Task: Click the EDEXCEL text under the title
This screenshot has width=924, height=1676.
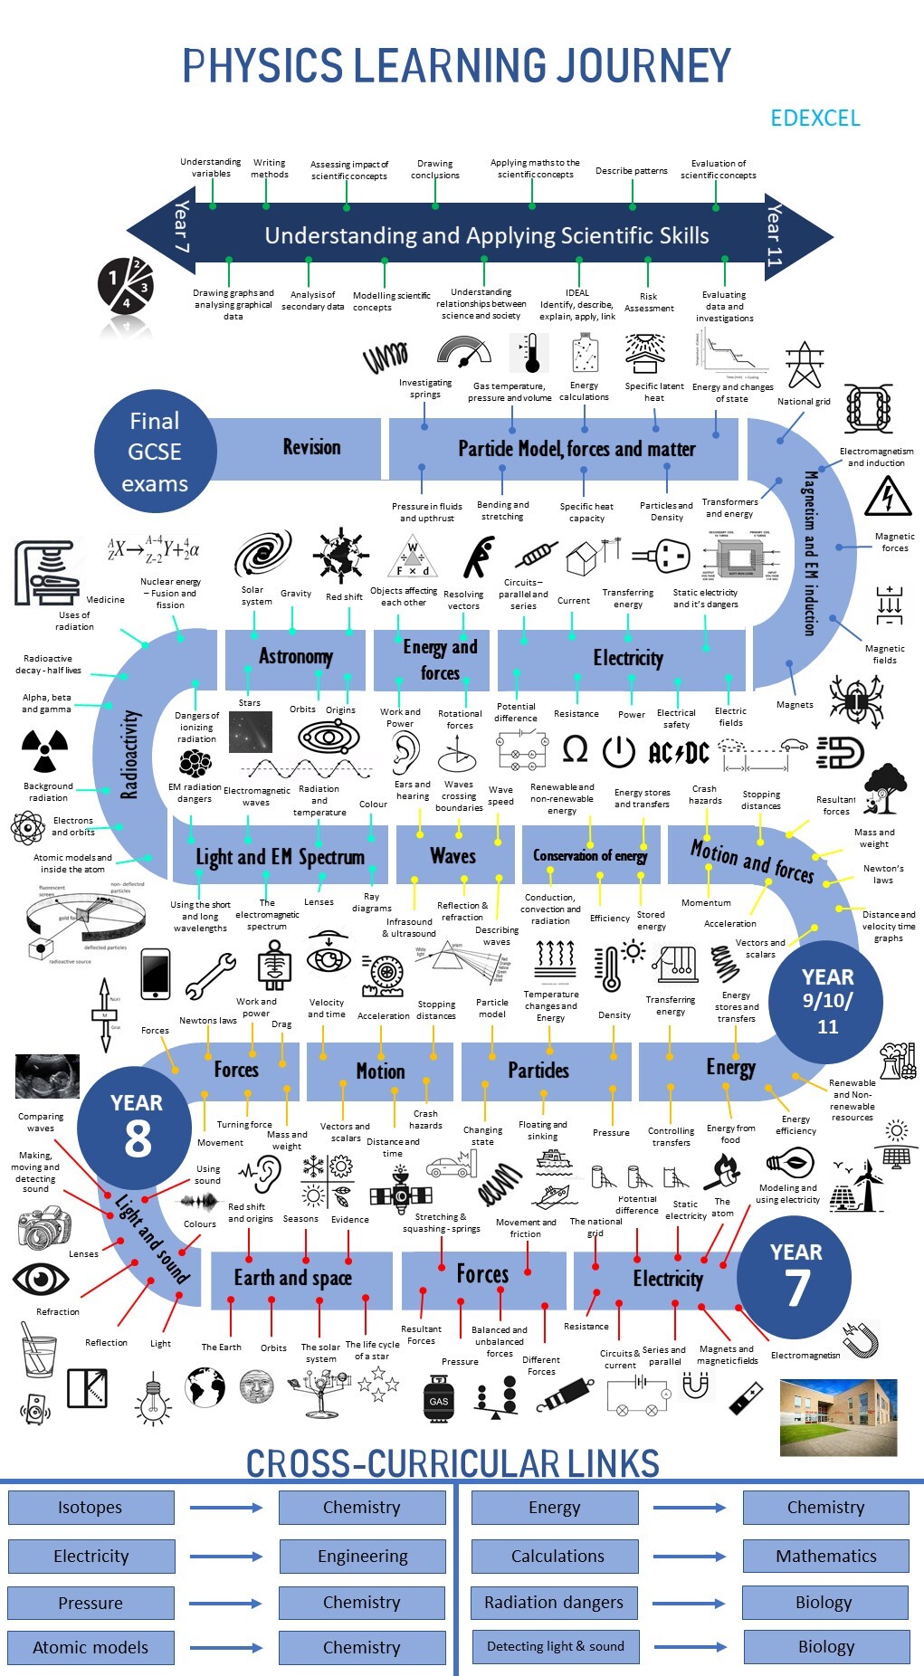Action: click(814, 118)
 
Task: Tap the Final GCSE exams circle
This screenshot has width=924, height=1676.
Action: click(155, 452)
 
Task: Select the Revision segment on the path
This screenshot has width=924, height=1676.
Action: click(311, 447)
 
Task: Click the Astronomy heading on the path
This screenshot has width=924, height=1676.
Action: click(296, 656)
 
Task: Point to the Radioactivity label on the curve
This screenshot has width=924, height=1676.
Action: click(130, 753)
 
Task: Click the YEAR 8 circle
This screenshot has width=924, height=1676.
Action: click(136, 1127)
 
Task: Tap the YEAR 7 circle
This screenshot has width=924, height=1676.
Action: click(795, 1275)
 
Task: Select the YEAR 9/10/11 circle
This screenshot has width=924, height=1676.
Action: click(826, 1001)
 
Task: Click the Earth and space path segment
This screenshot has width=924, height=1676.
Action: click(292, 1278)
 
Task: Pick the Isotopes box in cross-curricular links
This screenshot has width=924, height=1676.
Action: click(90, 1508)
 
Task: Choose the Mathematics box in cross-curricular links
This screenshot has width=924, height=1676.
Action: click(825, 1556)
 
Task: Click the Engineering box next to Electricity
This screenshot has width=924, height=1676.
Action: click(362, 1557)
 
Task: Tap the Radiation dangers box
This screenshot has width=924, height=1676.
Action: click(554, 1603)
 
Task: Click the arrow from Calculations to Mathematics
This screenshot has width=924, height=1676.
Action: click(690, 1557)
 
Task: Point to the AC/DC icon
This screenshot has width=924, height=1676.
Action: click(679, 753)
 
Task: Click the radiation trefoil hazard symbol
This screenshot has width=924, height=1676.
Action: click(44, 749)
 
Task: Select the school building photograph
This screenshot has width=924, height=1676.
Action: click(838, 1417)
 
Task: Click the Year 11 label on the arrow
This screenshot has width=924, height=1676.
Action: click(776, 234)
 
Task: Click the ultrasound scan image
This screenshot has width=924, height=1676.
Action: click(47, 1076)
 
